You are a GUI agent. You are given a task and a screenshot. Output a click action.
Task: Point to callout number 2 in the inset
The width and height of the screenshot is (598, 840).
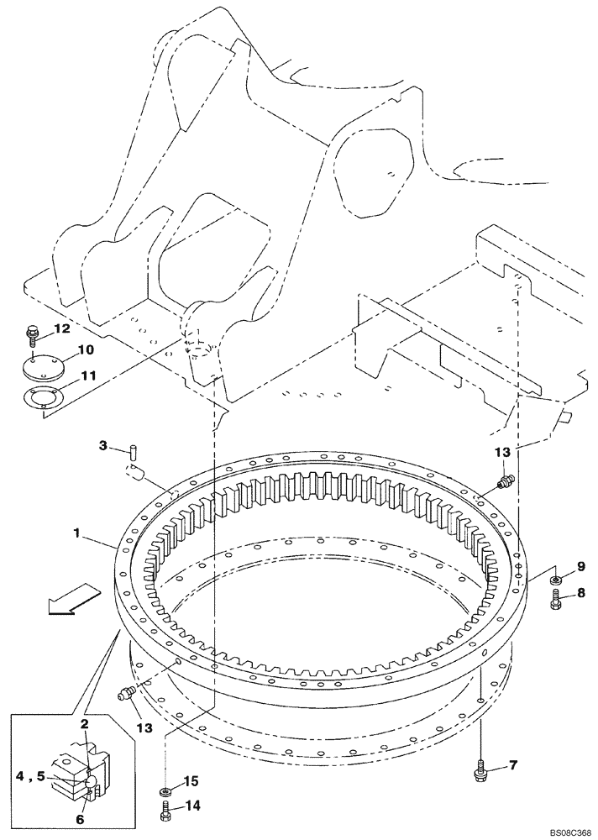[x=85, y=722]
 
